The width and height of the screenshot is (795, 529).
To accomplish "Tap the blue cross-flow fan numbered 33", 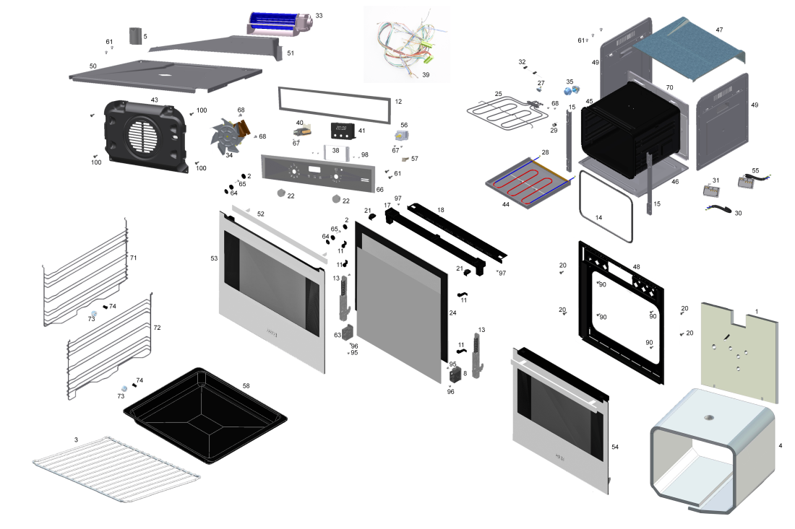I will click(278, 25).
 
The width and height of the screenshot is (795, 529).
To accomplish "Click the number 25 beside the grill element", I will click(498, 94).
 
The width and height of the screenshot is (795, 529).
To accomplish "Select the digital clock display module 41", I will click(343, 131).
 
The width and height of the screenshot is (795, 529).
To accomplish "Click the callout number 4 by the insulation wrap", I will click(780, 445).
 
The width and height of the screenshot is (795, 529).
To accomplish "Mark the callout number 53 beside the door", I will click(214, 258).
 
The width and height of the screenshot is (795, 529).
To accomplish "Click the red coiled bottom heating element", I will click(531, 184).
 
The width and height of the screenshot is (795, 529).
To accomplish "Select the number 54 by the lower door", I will click(615, 447).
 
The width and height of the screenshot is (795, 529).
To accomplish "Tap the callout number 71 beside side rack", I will click(133, 258).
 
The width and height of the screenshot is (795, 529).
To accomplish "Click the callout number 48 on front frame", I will click(637, 266).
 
